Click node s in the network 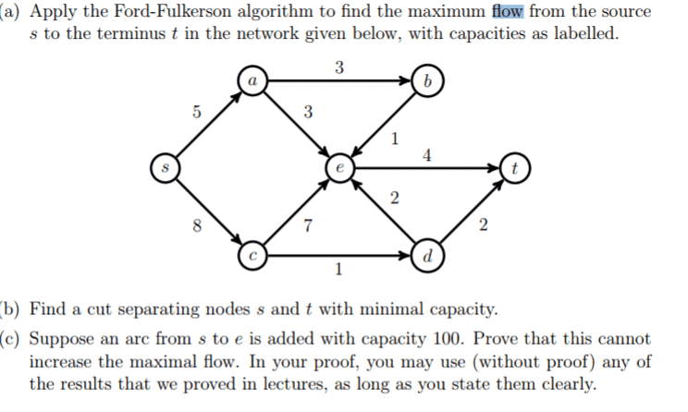click(x=166, y=169)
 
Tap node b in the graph click(x=426, y=80)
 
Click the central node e click(x=339, y=169)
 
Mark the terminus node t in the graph click(x=514, y=169)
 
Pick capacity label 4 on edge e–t click(x=425, y=155)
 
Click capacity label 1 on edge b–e click(x=395, y=140)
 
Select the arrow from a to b click(x=338, y=80)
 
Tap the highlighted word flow click(x=510, y=12)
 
